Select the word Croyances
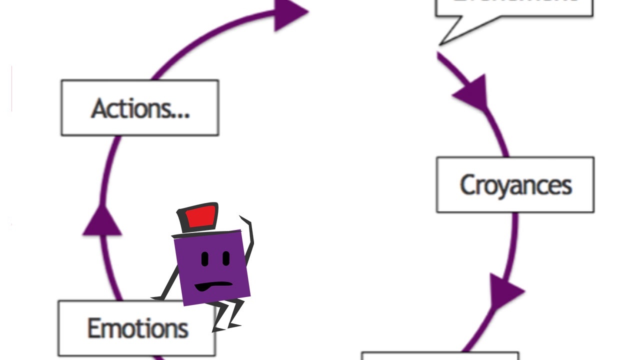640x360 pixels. click(x=515, y=185)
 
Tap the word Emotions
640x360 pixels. click(x=138, y=328)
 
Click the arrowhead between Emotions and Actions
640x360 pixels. click(x=102, y=221)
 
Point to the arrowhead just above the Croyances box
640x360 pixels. click(x=473, y=92)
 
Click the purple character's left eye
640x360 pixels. click(x=205, y=259)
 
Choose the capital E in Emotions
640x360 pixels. click(x=93, y=328)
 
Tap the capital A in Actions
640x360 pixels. click(x=99, y=108)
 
